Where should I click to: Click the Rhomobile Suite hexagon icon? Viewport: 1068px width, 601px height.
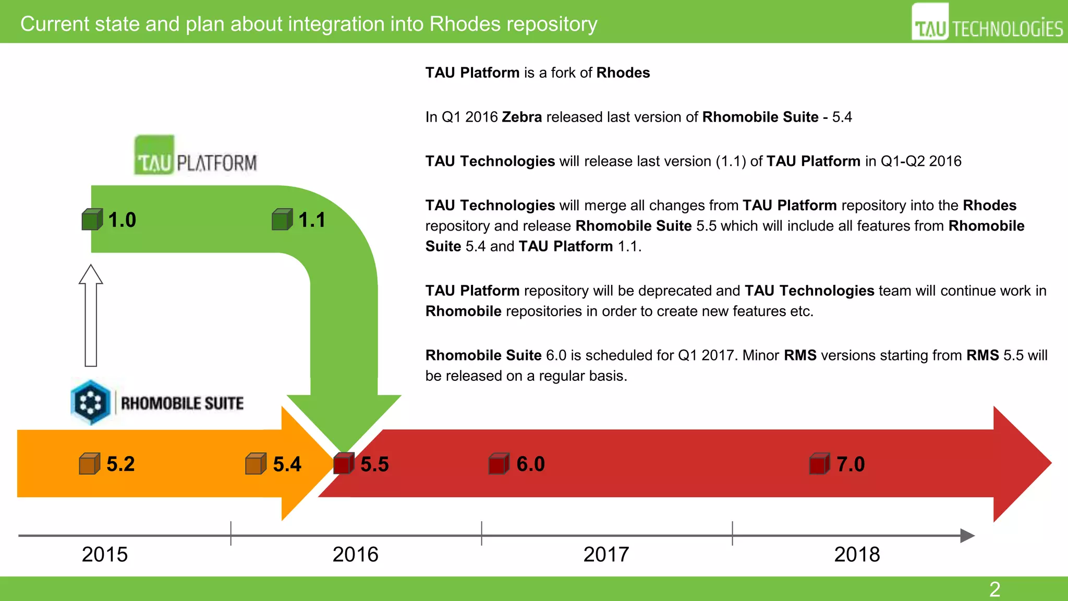(x=91, y=402)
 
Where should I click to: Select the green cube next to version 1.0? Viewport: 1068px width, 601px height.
(x=92, y=220)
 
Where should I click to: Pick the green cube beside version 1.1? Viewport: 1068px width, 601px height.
(x=282, y=220)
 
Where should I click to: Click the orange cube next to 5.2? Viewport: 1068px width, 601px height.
(x=89, y=464)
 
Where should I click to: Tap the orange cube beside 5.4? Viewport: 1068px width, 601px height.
(x=256, y=464)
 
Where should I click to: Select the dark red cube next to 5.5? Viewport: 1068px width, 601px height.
(x=343, y=464)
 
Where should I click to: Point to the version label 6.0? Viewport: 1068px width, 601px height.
(x=530, y=464)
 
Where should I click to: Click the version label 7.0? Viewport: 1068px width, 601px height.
(x=851, y=464)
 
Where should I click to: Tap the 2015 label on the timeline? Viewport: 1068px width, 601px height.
(x=105, y=554)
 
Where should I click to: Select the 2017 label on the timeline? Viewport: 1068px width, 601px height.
(x=606, y=554)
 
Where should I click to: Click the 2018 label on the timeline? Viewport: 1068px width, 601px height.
(x=857, y=554)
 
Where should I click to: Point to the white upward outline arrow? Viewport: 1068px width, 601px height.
(x=91, y=316)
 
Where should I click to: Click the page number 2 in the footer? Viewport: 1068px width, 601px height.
(x=994, y=590)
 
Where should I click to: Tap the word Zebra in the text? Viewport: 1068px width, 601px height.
(x=521, y=117)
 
